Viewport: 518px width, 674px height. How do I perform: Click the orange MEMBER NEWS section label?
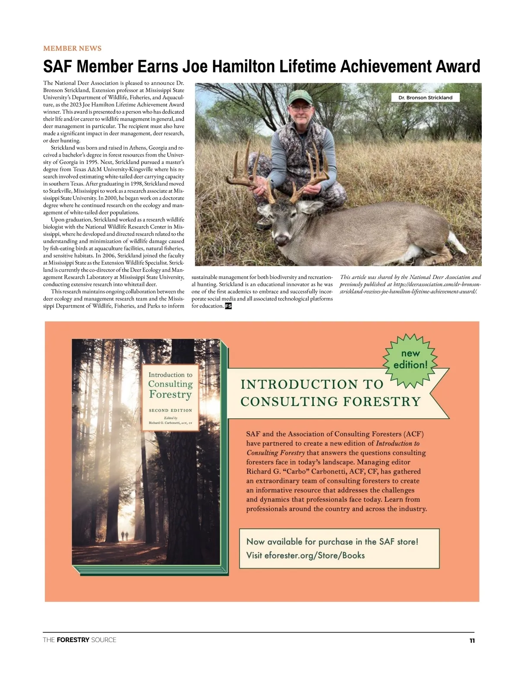(x=72, y=48)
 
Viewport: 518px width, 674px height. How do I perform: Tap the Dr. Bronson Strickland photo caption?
(x=425, y=97)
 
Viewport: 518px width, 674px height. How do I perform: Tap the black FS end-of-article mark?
(x=228, y=306)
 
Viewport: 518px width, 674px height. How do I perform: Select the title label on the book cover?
(x=171, y=385)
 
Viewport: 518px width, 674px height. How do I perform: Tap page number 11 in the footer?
(x=472, y=640)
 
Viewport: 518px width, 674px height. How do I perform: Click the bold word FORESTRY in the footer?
(x=73, y=640)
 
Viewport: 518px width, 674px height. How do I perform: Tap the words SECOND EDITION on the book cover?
(x=171, y=411)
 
